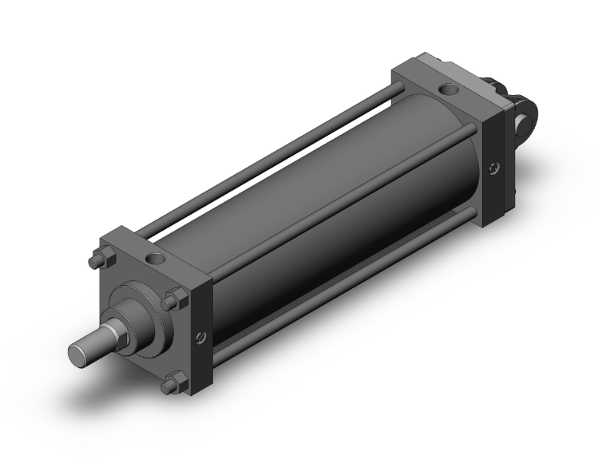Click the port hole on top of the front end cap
click(154, 259)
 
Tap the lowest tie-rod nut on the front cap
click(168, 387)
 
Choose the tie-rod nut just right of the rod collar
click(170, 301)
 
